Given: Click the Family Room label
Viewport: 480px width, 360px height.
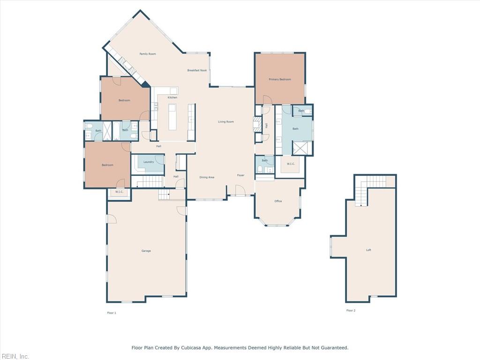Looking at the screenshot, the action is [x=148, y=54].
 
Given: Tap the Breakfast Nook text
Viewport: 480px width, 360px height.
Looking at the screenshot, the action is [x=197, y=70].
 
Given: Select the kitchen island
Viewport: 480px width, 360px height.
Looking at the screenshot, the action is [x=172, y=117].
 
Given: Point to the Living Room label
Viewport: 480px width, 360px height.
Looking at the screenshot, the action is [x=226, y=122].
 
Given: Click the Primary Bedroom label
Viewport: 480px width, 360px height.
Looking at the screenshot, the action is [x=280, y=80].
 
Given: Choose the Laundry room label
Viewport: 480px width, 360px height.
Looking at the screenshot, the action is [x=149, y=162].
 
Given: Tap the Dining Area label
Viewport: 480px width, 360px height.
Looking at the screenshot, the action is [x=207, y=177].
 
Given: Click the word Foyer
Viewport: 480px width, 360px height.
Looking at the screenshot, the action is [x=240, y=175].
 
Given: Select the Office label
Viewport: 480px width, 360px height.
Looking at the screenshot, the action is [x=278, y=201].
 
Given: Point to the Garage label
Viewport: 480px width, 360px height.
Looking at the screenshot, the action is [x=146, y=251].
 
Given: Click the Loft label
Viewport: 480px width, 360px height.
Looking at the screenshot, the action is [x=368, y=250].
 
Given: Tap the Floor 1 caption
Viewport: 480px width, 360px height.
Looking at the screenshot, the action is [x=112, y=313].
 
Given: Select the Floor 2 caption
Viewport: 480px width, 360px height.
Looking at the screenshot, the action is [x=351, y=310].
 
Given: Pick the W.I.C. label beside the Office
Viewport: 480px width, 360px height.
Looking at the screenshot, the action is [x=291, y=164].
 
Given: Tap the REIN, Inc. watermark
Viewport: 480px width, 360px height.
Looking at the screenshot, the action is [x=15, y=356].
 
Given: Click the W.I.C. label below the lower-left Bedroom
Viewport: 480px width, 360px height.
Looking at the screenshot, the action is [x=119, y=192].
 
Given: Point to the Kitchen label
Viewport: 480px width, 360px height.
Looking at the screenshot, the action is [x=172, y=97].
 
